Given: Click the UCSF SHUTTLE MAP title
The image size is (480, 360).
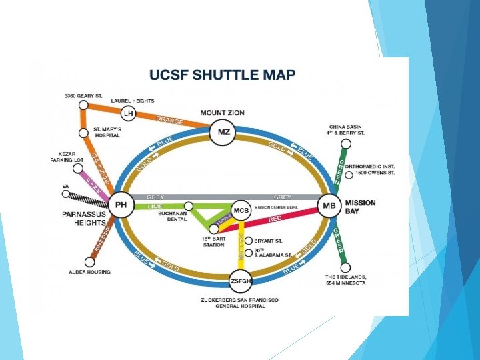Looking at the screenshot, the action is [x=222, y=75].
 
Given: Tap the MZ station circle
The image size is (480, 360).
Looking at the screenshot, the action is [x=223, y=132].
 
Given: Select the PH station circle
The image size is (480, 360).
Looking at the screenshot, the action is [x=121, y=205].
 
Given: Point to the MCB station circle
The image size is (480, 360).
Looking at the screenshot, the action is [x=241, y=210].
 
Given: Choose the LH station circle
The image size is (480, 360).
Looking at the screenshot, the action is [x=128, y=114].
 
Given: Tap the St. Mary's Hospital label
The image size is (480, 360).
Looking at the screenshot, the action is [x=106, y=132].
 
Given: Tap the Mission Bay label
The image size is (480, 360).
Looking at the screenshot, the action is [x=360, y=206].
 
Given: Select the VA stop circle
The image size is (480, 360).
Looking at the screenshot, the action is [x=65, y=195].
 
